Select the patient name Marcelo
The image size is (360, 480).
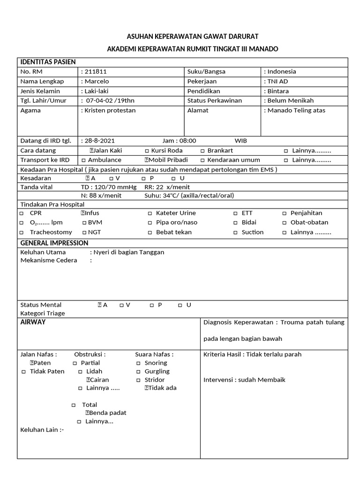tap(97, 82)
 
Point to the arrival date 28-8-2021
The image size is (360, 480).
tap(99, 141)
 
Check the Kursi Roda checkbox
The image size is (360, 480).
tap(147, 151)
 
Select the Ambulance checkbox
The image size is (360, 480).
tap(83, 160)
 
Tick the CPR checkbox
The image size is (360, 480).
tap(22, 213)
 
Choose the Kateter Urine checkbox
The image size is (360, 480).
tap(150, 213)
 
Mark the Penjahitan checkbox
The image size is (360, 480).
tap(285, 213)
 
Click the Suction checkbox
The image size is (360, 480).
tap(236, 232)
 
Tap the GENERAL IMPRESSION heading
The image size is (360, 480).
tap(54, 243)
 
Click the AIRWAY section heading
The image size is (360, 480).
tap(33, 322)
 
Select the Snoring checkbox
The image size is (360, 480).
tap(138, 363)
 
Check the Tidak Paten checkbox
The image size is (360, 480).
tap(23, 372)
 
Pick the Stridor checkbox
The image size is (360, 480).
tap(138, 380)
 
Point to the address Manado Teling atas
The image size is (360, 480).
tap(296, 111)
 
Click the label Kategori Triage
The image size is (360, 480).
tap(43, 313)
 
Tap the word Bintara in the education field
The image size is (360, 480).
tap(278, 91)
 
